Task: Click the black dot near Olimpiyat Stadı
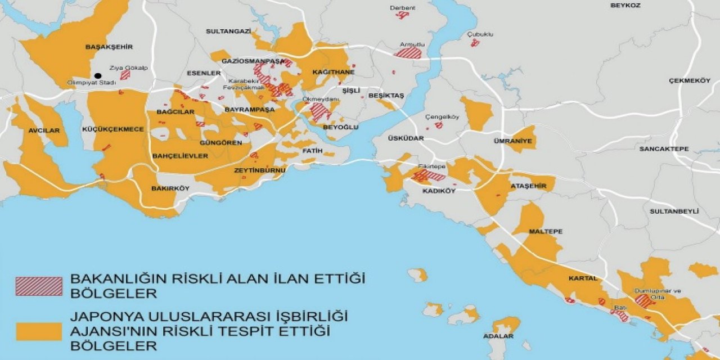point(98,75)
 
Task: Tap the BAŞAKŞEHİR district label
point(109,47)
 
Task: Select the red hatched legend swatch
point(39,286)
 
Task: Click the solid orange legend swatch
point(39,331)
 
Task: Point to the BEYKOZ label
point(625,5)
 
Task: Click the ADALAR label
point(498,336)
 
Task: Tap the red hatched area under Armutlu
point(409,53)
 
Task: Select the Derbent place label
point(403,8)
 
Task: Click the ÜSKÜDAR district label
point(402,138)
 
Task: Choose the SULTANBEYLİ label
point(674,211)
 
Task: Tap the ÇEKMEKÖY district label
point(690,81)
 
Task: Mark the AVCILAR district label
point(44,130)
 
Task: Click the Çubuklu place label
point(480,34)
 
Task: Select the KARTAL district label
point(583,278)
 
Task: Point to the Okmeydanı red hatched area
point(319,111)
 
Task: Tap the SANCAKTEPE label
point(664,149)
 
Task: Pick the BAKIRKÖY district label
point(170,188)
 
